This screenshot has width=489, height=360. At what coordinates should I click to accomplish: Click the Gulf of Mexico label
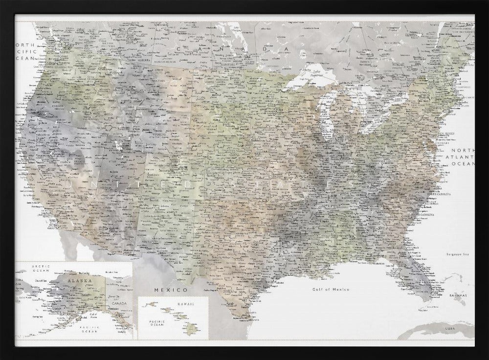click(x=331, y=289)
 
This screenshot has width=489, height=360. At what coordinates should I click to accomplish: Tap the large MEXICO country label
click(x=164, y=290)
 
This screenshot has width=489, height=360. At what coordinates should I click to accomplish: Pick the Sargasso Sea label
click(x=458, y=254)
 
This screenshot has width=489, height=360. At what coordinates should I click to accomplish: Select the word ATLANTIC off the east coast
click(x=463, y=157)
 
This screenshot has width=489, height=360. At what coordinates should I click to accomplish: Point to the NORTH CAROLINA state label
click(x=438, y=195)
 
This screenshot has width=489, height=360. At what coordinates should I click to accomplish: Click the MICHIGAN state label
click(x=344, y=119)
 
